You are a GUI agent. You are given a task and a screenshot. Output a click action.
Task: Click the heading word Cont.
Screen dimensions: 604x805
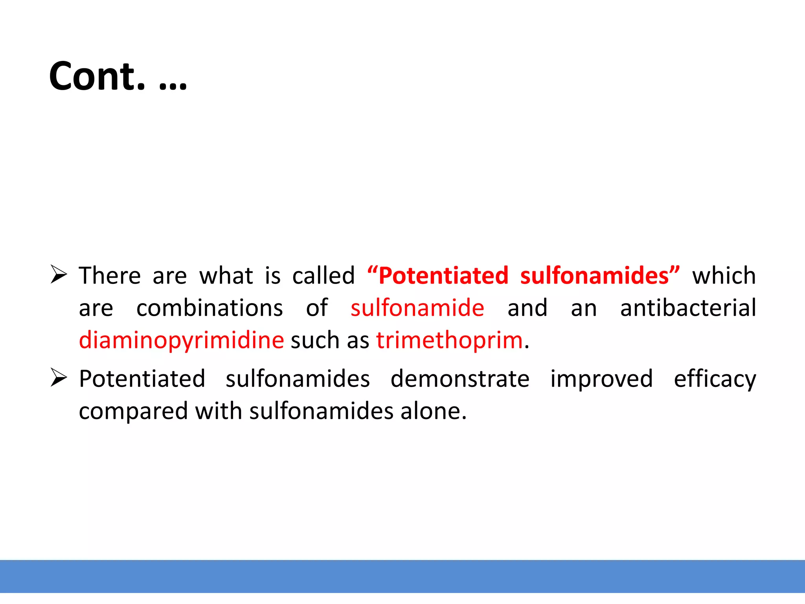click(x=97, y=76)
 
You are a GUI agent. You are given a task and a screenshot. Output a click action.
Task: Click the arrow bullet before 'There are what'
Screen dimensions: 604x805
click(x=59, y=274)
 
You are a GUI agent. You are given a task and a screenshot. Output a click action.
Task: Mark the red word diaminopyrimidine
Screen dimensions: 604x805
click(x=181, y=341)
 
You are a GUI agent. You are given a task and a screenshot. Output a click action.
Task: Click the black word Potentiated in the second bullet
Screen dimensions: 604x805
click(x=142, y=379)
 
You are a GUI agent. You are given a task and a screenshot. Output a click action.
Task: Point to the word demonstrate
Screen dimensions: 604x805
click(x=460, y=379)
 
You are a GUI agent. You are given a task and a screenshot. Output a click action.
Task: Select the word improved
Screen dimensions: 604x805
click(x=601, y=379)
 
